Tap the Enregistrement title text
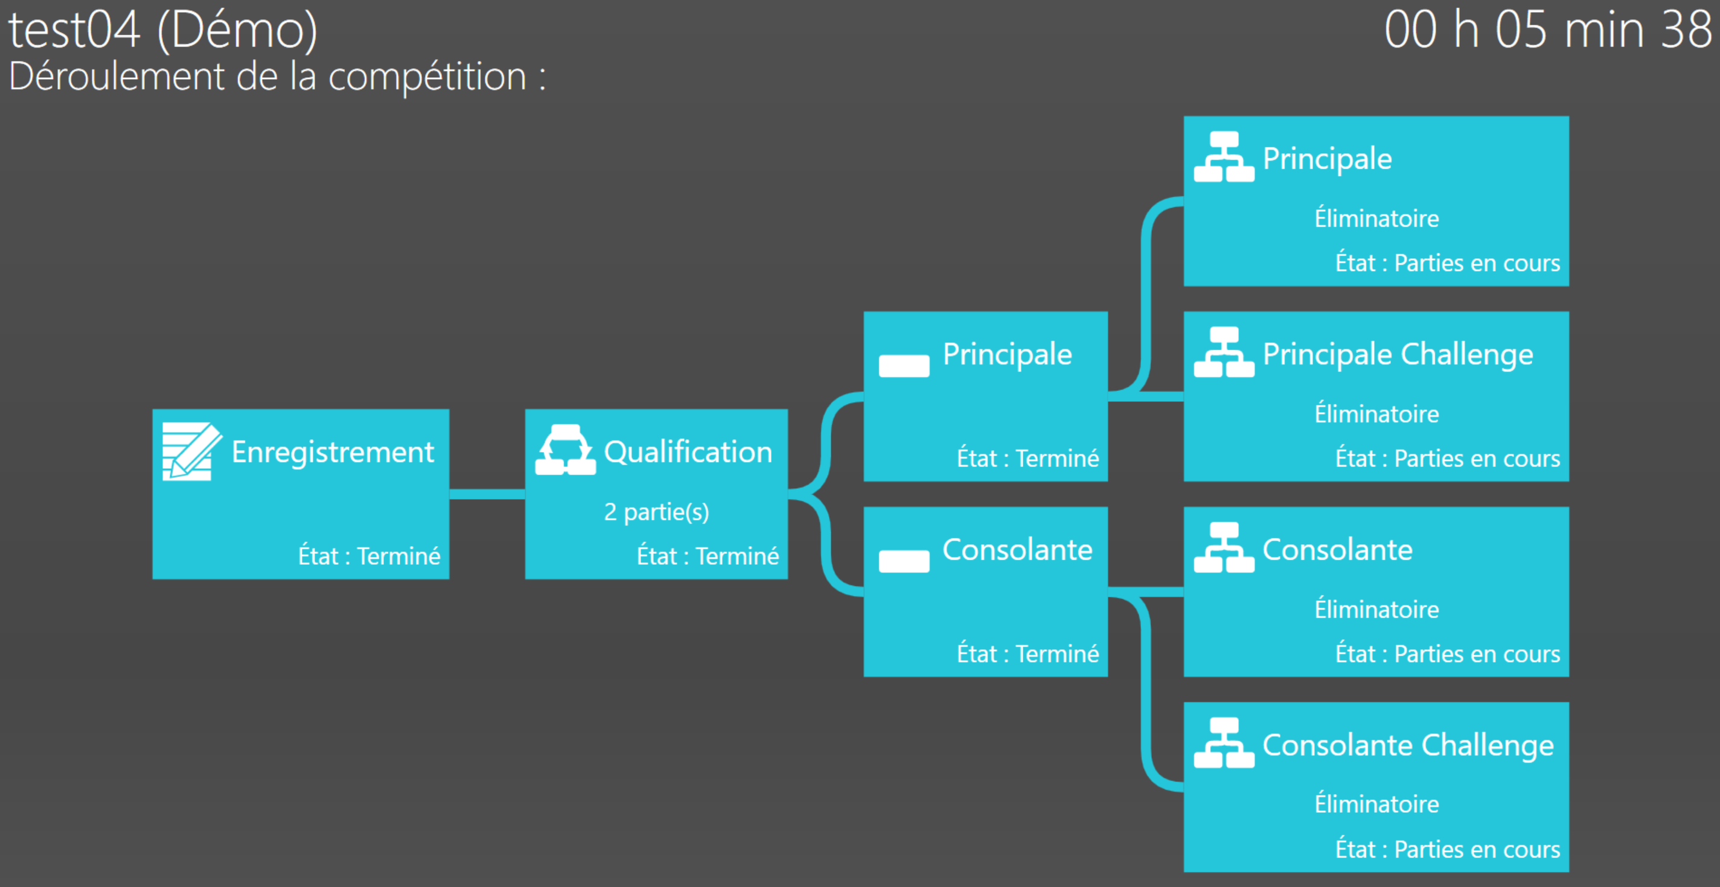(333, 453)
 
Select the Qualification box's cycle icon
(565, 450)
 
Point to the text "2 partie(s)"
(656, 512)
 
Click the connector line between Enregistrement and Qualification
(487, 494)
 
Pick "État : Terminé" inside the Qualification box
(708, 556)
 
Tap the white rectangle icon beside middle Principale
(904, 366)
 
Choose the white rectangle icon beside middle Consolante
(904, 561)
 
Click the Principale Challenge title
(1398, 354)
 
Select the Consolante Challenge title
(1408, 746)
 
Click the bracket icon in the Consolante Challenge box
(1224, 743)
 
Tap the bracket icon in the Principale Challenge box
(1224, 352)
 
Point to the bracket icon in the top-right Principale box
(1224, 156)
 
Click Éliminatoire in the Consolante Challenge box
(1377, 804)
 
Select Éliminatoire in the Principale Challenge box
(1377, 413)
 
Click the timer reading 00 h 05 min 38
(1548, 30)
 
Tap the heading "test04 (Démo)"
(163, 31)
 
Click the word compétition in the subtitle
(427, 77)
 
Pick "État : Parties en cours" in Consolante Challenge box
(1448, 850)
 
